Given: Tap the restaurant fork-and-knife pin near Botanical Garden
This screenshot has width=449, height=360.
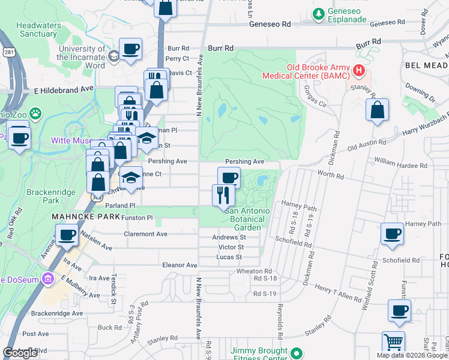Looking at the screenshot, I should (x=221, y=195).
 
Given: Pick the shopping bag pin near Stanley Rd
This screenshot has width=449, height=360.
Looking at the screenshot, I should (x=377, y=111).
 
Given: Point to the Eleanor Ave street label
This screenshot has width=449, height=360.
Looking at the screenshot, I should (x=179, y=265).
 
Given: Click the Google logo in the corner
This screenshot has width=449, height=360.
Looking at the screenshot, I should (x=20, y=353).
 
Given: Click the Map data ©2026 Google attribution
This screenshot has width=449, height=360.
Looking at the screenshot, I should (x=412, y=355).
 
